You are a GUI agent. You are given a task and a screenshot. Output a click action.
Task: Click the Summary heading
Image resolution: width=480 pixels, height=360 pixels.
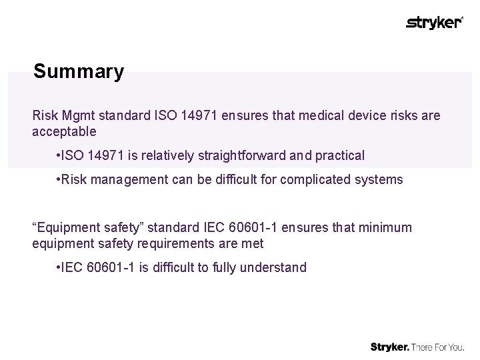click(x=78, y=71)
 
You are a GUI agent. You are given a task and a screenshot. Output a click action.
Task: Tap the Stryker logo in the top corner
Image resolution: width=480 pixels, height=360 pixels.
click(x=434, y=23)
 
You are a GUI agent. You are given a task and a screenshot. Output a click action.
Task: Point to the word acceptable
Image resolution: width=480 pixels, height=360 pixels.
click(x=64, y=131)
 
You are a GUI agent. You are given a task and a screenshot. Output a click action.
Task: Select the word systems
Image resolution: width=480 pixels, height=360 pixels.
click(x=379, y=179)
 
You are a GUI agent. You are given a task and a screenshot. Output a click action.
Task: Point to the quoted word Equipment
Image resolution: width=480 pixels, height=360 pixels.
click(x=64, y=227)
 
